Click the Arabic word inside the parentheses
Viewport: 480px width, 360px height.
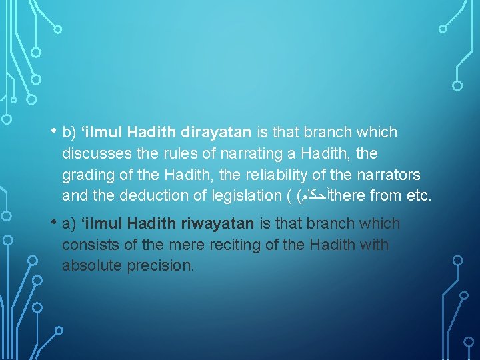pos(313,196)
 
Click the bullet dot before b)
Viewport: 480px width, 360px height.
pos(52,131)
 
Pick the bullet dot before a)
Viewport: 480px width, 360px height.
pos(52,222)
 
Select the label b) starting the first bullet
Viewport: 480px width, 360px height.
pos(69,133)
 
